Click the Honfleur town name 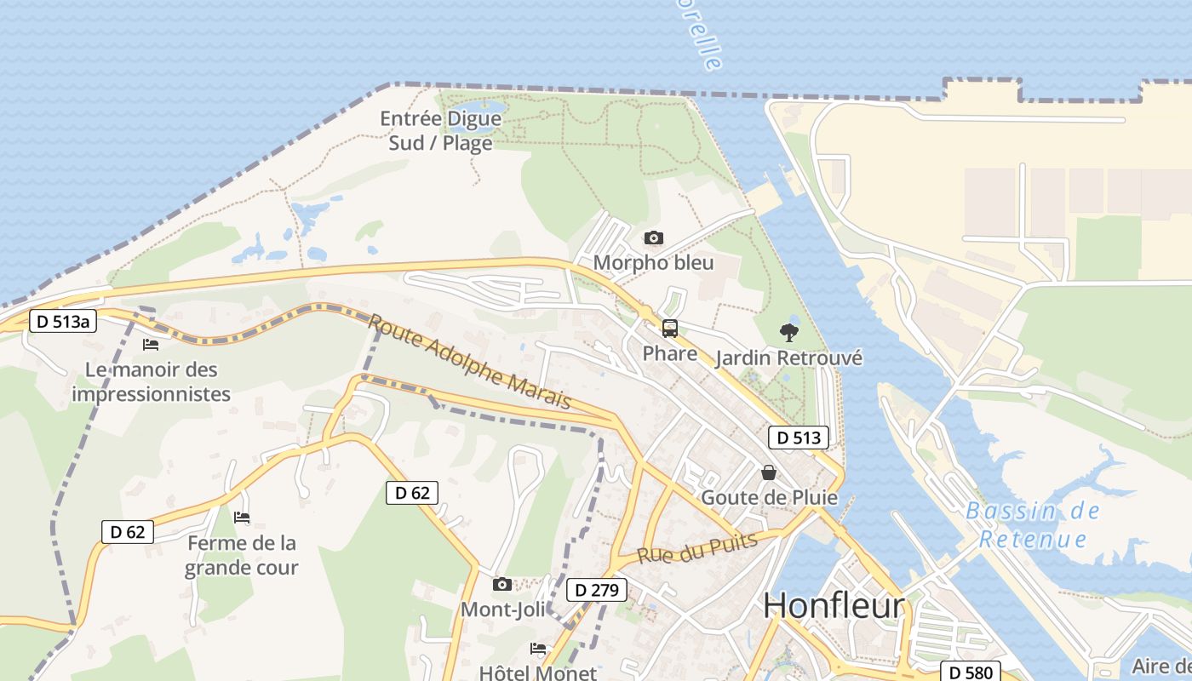click(x=834, y=605)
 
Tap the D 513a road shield click(x=63, y=321)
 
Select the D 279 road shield click(x=597, y=589)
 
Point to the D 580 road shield click(x=970, y=672)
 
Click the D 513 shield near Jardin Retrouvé click(x=798, y=438)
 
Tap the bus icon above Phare click(x=670, y=328)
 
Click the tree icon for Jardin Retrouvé click(x=789, y=333)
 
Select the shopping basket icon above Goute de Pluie click(x=769, y=472)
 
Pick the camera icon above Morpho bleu click(x=654, y=237)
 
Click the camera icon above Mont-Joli click(x=502, y=584)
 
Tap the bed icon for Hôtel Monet click(x=538, y=648)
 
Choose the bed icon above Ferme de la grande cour click(x=242, y=517)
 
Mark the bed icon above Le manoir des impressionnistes click(x=151, y=344)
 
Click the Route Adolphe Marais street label click(x=469, y=361)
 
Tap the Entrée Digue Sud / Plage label click(x=440, y=130)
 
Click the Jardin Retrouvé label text click(x=788, y=358)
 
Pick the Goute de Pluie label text click(x=769, y=497)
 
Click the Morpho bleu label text click(x=653, y=262)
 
